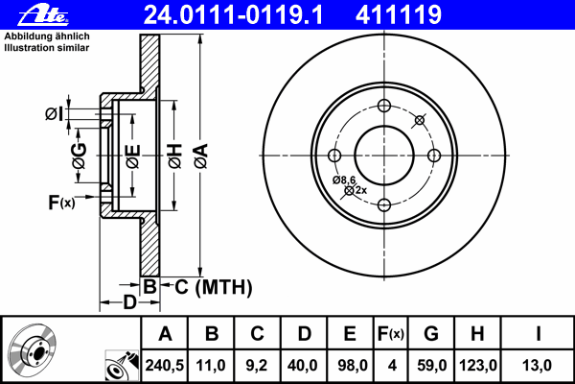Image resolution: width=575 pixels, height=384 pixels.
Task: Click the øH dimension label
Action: [x=174, y=155]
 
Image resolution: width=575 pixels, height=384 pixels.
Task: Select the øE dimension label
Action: [x=133, y=155]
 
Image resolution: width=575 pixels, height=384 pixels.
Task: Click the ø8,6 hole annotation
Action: [x=344, y=180]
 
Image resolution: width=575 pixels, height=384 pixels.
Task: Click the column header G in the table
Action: [x=431, y=334]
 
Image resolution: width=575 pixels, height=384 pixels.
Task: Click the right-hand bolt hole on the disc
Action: [x=433, y=156]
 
